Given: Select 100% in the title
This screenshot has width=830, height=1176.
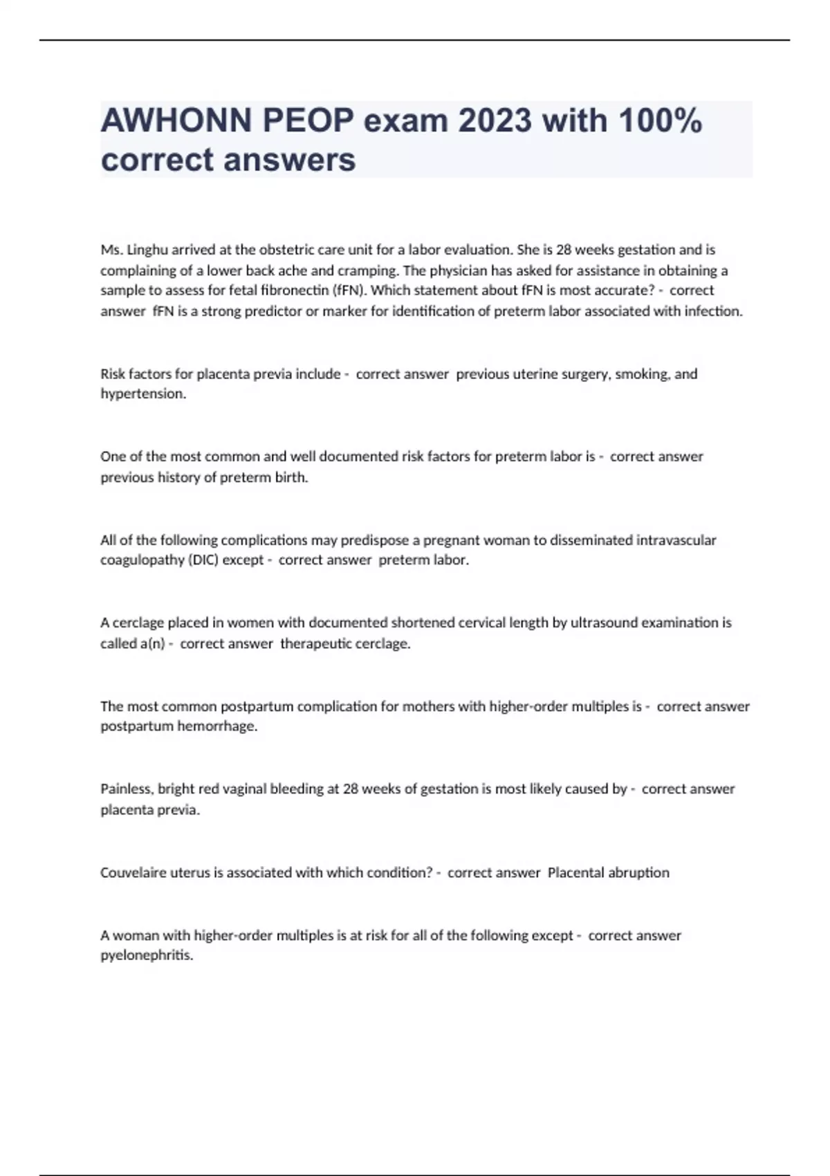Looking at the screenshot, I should pos(660,121).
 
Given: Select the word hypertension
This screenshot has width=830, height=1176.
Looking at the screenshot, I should pos(143,394).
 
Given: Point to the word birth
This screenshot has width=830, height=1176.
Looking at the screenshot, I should pos(290,477).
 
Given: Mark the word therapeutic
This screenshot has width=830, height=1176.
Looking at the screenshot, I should pos(315,643).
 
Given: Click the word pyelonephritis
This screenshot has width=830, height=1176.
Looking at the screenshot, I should pos(147,956).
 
